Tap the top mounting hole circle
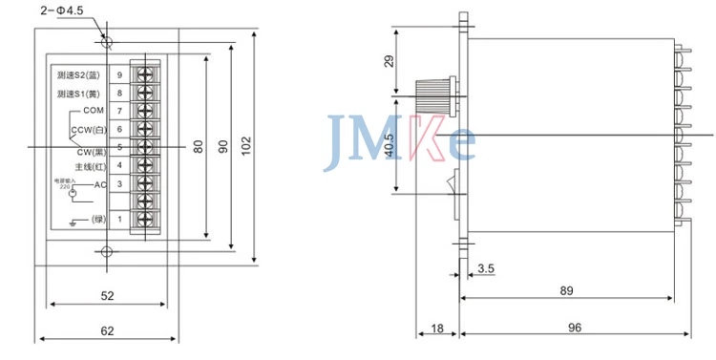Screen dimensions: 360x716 pos(107,43)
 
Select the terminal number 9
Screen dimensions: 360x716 pos(119,74)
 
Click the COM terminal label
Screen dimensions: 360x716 pos(94,111)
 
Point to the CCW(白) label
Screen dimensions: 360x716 pos(88,128)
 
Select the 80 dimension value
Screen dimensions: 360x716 pos(199,145)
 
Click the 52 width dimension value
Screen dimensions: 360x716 pos(107,296)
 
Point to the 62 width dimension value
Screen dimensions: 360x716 pos(107,331)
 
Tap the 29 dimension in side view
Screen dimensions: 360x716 pos(388,60)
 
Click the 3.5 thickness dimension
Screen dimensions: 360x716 pos(485,268)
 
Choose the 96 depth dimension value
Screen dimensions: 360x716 pos(575,328)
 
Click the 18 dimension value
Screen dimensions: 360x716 pos(437,328)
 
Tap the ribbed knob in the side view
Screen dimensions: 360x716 pos(436,95)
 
